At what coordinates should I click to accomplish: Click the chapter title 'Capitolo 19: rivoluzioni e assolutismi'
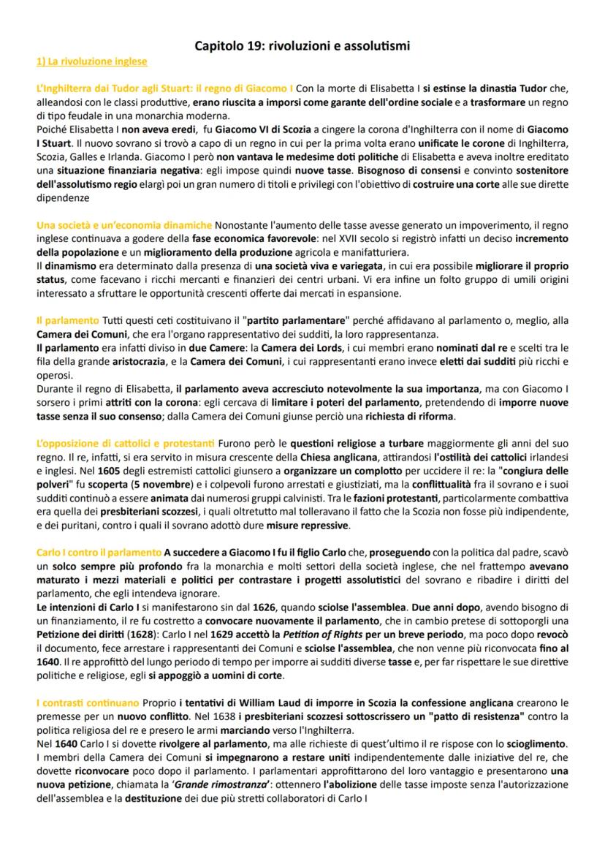(x=302, y=46)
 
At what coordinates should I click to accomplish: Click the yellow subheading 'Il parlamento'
(x=67, y=319)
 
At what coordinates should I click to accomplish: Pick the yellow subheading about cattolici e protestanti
(x=125, y=444)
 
